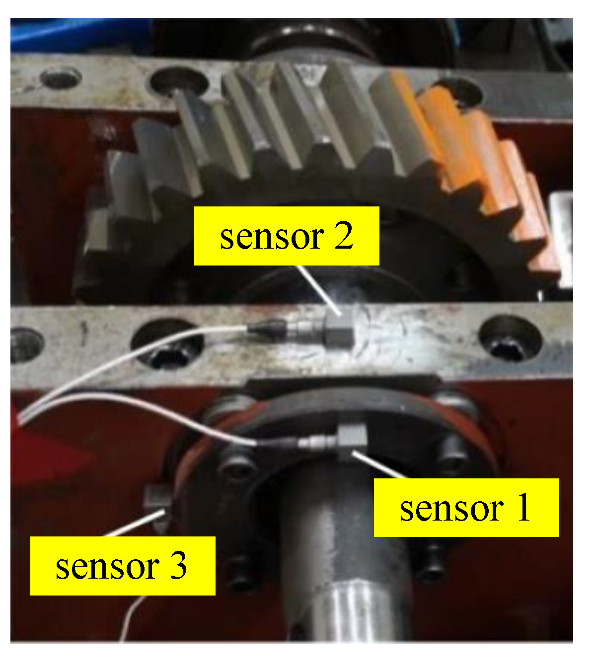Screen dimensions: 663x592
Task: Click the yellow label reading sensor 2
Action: point(286,236)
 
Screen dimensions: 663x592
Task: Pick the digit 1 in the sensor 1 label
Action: point(522,508)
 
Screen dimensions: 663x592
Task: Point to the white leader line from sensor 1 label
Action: point(377,464)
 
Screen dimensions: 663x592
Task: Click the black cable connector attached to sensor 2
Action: point(266,327)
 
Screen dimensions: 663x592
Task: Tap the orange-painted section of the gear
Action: point(477,149)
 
